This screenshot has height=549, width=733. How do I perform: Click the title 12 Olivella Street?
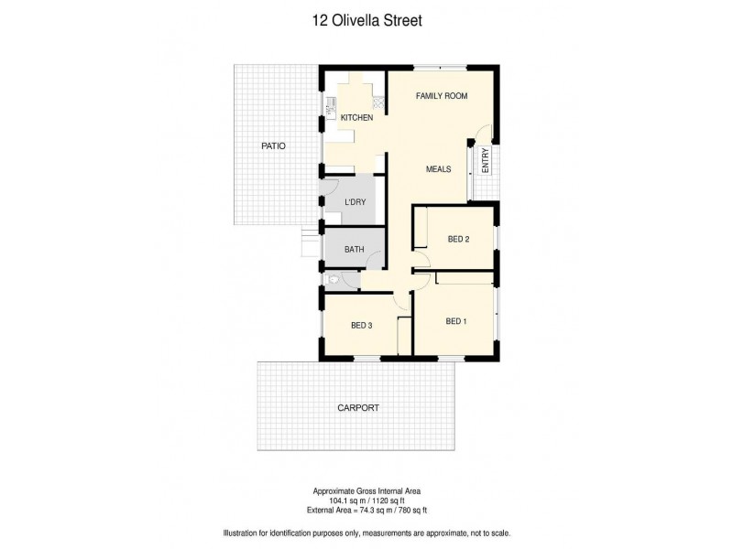click(x=366, y=17)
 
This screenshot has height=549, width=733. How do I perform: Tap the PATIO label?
click(x=273, y=145)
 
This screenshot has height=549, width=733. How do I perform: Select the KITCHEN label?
click(x=356, y=118)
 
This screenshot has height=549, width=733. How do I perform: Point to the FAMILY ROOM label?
click(x=442, y=96)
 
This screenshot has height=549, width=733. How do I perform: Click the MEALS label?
click(x=439, y=169)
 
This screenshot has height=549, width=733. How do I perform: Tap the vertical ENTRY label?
click(x=485, y=161)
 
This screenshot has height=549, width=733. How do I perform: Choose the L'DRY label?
click(x=356, y=202)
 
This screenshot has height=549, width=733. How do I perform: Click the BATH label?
click(x=355, y=249)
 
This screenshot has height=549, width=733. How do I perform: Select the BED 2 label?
click(x=458, y=240)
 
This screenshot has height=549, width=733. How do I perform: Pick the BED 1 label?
click(x=456, y=320)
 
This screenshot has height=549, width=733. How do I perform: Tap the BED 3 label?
click(x=362, y=325)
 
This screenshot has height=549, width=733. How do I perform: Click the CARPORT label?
click(x=357, y=408)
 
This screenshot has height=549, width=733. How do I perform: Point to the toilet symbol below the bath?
click(x=336, y=282)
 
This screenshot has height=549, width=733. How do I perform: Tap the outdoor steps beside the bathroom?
click(x=309, y=245)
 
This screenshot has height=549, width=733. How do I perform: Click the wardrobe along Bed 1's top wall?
click(x=465, y=276)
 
